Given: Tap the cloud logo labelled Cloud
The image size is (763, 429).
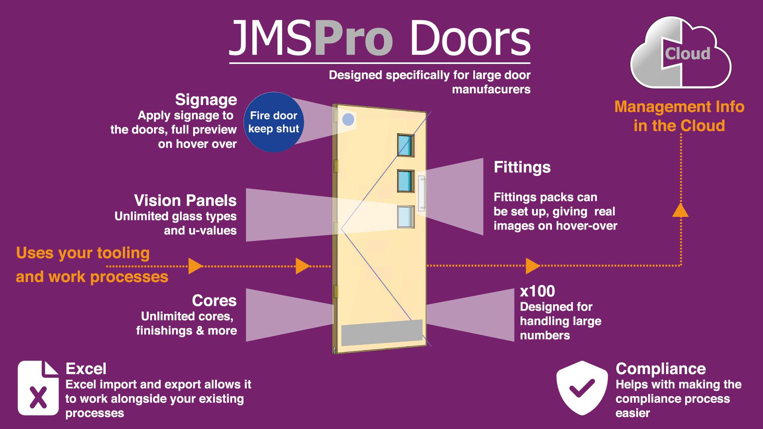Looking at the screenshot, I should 681,54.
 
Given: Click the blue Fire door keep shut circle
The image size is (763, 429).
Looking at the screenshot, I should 273,122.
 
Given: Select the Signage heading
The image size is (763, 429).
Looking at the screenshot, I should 206,100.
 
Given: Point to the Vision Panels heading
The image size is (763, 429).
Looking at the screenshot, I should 185,201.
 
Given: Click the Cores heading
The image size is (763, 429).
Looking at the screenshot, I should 214,301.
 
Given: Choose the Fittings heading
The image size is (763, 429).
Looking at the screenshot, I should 522,167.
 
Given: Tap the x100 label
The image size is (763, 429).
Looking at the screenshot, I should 537,292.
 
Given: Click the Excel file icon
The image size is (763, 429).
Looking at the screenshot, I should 38,388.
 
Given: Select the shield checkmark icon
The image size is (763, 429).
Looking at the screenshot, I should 582,388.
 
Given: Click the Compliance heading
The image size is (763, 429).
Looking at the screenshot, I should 660,369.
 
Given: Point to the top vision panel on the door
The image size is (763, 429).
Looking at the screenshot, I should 405,145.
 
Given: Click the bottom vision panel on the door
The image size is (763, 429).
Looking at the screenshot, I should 405,217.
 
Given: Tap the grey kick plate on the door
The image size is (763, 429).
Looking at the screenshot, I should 382,332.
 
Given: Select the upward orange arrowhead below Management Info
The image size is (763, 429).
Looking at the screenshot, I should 680,211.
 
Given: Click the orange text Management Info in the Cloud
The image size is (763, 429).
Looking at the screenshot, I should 679,116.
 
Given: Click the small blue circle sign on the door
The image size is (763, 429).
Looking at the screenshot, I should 348,120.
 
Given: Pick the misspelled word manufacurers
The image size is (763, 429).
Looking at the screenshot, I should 491,89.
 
